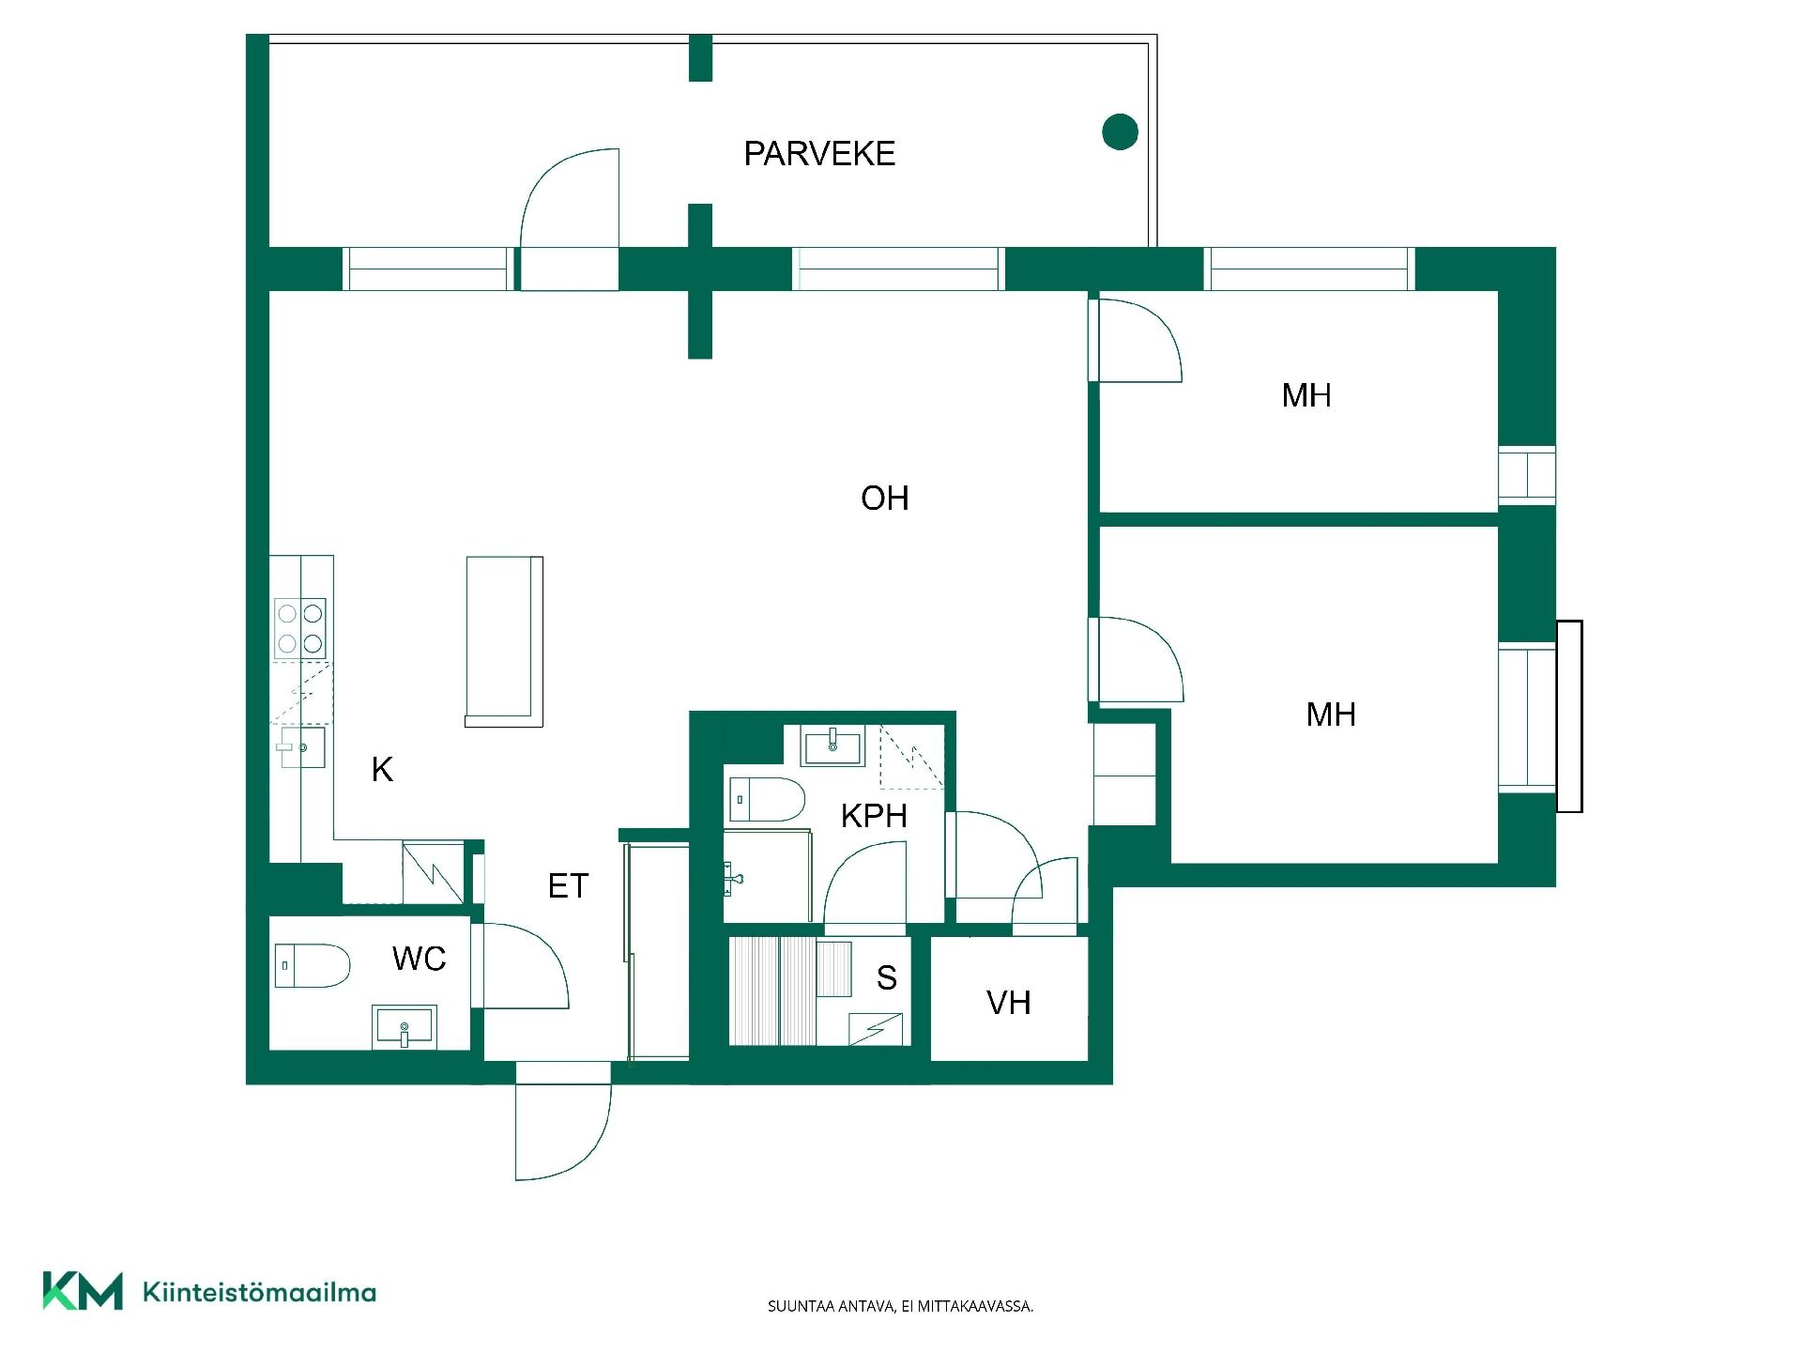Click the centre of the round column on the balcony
(x=1120, y=131)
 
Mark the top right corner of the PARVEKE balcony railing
(x=1156, y=36)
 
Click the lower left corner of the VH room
(x=931, y=1060)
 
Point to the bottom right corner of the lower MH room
(x=1498, y=862)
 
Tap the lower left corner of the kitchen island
(x=466, y=726)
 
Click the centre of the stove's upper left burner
(x=288, y=614)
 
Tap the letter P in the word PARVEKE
(x=753, y=153)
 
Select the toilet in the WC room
(x=312, y=965)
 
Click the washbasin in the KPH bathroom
(x=832, y=747)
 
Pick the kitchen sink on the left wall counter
(x=301, y=747)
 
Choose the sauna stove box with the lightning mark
(x=875, y=1029)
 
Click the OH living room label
(x=885, y=498)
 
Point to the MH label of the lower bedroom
(x=1331, y=714)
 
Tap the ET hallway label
(x=568, y=885)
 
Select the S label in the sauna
(x=887, y=977)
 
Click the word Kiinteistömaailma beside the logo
(x=259, y=1292)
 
